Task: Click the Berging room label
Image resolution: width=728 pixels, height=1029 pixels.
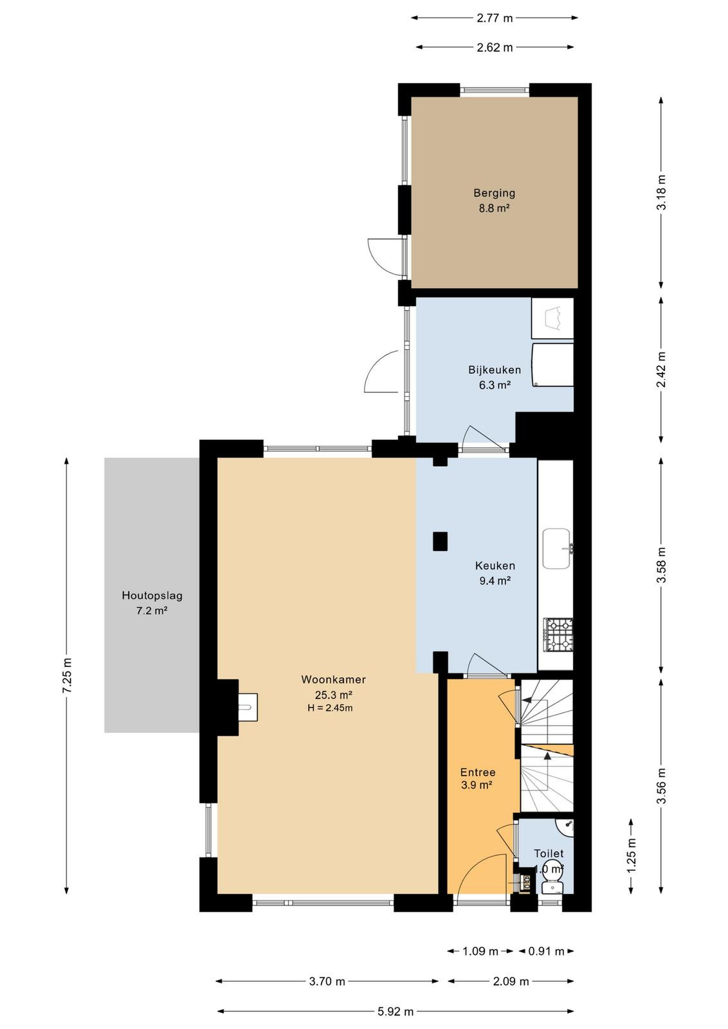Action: [x=494, y=193]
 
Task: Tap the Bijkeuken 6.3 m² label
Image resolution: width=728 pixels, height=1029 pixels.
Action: [x=495, y=377]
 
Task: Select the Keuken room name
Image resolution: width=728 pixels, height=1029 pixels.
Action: [x=495, y=565]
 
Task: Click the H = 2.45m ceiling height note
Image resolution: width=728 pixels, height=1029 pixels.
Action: [x=330, y=708]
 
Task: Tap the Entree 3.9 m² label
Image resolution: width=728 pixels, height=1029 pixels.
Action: [x=478, y=779]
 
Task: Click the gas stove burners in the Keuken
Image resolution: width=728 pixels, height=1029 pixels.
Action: [x=558, y=634]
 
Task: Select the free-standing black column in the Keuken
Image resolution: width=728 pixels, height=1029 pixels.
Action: [x=440, y=541]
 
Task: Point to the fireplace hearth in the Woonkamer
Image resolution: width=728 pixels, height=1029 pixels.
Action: [x=248, y=707]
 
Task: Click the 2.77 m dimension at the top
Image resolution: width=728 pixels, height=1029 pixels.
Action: [x=494, y=19]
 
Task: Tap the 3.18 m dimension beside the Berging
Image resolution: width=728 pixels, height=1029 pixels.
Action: [x=661, y=193]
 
